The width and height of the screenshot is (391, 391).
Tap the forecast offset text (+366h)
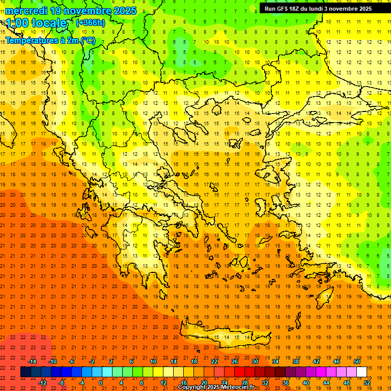90,22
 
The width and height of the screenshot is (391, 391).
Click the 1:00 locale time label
36,23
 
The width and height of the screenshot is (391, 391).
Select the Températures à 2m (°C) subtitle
50,40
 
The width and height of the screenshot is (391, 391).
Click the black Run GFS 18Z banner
318,8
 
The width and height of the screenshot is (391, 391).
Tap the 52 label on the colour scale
368,383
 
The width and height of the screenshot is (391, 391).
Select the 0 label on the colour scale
101,383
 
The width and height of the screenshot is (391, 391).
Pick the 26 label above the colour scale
235,361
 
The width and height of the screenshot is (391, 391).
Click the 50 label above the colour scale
357,361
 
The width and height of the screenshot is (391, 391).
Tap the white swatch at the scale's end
361,372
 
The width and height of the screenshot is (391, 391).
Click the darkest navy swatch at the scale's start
25,372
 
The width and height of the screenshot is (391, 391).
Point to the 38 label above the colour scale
296,361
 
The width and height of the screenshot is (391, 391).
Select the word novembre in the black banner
341,8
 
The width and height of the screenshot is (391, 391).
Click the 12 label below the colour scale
163,383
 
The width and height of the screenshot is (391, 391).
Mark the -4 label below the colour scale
81,383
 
